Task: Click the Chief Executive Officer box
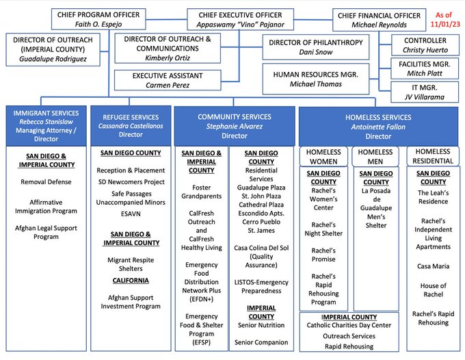240,19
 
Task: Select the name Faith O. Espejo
98,25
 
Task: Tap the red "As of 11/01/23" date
445,19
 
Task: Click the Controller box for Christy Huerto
425,44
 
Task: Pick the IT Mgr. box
425,92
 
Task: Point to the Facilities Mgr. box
425,68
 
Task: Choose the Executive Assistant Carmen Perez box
168,80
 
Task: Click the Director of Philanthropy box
316,47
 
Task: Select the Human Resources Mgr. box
316,79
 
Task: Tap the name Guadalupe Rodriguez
53,59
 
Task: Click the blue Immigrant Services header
46,126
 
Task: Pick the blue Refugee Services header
131,126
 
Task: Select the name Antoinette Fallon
378,127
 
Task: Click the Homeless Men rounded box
375,157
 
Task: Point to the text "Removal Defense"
46,181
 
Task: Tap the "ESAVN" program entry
131,214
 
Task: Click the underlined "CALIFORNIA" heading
131,281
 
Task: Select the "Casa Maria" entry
434,266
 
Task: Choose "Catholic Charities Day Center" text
349,325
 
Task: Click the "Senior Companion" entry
261,342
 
